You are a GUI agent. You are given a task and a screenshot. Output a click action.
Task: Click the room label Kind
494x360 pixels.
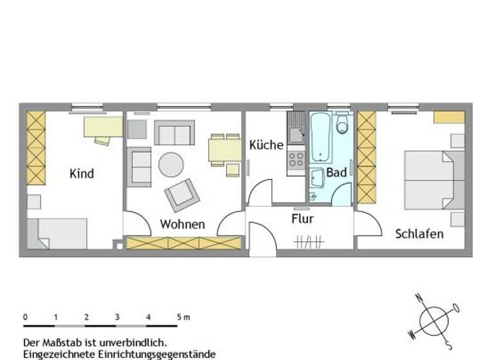[x=82, y=174]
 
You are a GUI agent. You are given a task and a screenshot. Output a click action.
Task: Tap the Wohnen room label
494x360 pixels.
[x=183, y=224]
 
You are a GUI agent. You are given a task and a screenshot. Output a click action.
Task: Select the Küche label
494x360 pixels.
[x=266, y=145]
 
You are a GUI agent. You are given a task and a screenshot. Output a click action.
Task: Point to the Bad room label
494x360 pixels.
[x=336, y=172]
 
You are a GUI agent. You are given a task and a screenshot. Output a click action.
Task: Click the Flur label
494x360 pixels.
[x=302, y=219]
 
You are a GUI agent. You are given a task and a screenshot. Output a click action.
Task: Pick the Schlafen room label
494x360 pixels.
[x=419, y=233]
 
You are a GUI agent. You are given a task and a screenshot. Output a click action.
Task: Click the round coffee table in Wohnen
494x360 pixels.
[x=171, y=164]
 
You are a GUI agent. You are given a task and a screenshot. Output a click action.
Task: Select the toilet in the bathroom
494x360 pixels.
[x=342, y=123]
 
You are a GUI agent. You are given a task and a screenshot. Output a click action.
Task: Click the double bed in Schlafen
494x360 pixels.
[x=430, y=180]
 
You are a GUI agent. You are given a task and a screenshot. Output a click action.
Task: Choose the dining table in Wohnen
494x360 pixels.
[x=224, y=150]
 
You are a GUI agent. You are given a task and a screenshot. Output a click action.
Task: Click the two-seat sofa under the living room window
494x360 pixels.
[x=174, y=132]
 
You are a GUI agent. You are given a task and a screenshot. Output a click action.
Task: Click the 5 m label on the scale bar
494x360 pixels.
[x=183, y=317]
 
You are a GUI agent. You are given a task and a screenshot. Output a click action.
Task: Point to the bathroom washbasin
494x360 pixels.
[x=316, y=178]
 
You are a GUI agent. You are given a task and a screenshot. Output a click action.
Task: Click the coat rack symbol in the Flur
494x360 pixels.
[x=307, y=242]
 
